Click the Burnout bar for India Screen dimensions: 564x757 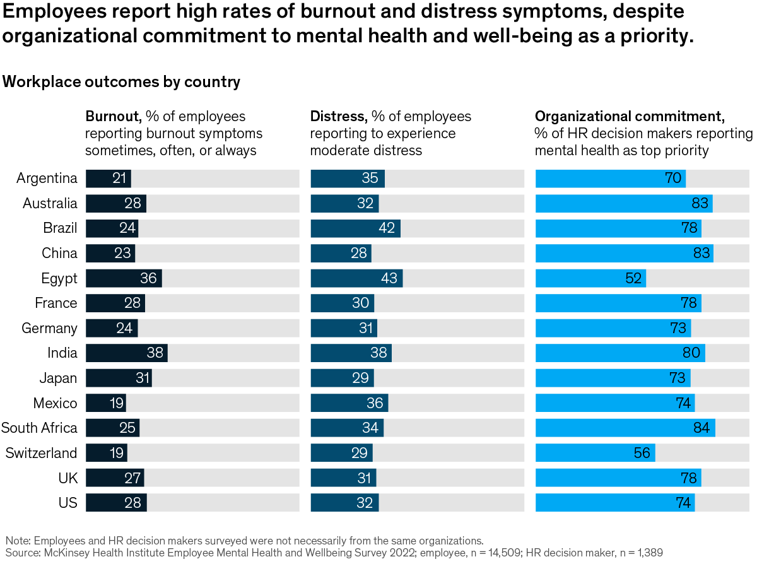click(x=126, y=353)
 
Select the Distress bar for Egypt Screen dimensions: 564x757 click(x=356, y=278)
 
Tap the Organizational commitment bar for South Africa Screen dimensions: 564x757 click(x=625, y=428)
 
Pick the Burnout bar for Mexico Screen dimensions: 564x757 click(x=106, y=403)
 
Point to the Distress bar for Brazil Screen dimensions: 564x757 click(x=355, y=228)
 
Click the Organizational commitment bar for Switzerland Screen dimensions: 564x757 click(x=595, y=453)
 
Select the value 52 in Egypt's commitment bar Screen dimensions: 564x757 click(x=633, y=278)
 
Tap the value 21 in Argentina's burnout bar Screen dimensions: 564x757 click(x=120, y=178)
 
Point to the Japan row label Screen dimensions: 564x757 click(x=58, y=378)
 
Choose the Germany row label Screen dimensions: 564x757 click(x=49, y=328)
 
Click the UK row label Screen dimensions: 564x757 click(x=67, y=478)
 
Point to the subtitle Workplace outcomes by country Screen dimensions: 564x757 click(x=121, y=82)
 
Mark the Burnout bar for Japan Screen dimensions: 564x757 click(x=119, y=378)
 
